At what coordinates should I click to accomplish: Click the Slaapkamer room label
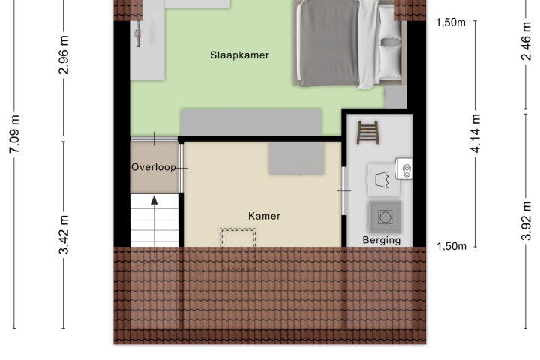[240, 55]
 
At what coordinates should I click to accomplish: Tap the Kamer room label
[264, 216]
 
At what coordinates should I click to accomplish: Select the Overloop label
[154, 167]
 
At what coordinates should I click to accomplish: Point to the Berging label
[382, 240]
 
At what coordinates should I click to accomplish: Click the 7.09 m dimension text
[15, 134]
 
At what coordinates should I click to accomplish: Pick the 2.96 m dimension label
[64, 55]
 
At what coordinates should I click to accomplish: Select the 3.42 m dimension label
[64, 235]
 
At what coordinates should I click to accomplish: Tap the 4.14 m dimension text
[475, 133]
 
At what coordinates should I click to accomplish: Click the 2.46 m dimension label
[526, 40]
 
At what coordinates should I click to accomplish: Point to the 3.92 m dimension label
[526, 220]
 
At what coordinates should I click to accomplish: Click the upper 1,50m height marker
[451, 22]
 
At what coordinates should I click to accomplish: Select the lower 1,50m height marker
[451, 246]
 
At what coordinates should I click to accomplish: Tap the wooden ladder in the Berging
[368, 132]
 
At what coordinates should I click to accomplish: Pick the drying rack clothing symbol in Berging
[382, 180]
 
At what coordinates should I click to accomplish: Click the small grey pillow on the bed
[391, 42]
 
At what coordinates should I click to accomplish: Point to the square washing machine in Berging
[385, 217]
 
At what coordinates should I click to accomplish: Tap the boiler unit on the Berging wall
[403, 169]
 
